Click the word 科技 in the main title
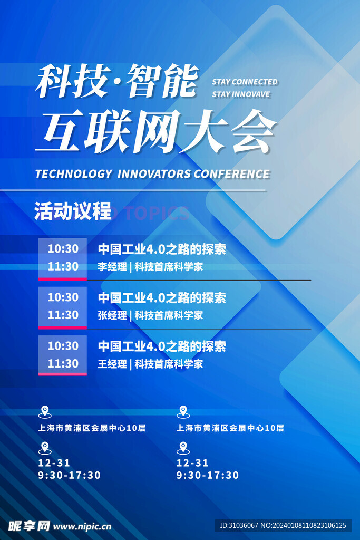pos(73,81)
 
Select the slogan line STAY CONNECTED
pos(245,82)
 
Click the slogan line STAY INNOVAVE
pos(241,94)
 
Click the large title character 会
pos(254,131)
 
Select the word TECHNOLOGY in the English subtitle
pos(74,174)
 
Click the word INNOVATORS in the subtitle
pos(154,174)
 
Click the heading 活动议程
pos(73,211)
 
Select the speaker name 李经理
pos(112,266)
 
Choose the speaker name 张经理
pos(112,315)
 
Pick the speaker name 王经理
pos(112,364)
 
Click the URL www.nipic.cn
pos(82,526)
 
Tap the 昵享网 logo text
pos(30,526)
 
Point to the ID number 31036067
pos(244,525)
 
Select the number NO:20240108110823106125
pos(303,525)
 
